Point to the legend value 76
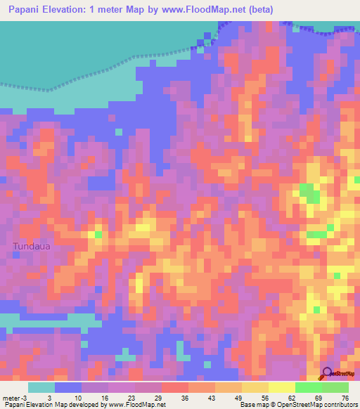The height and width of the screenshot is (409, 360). [345, 398]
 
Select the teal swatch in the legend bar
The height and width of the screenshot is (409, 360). [41, 387]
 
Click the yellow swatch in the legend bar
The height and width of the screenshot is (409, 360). [281, 387]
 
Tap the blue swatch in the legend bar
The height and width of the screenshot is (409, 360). [68, 387]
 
